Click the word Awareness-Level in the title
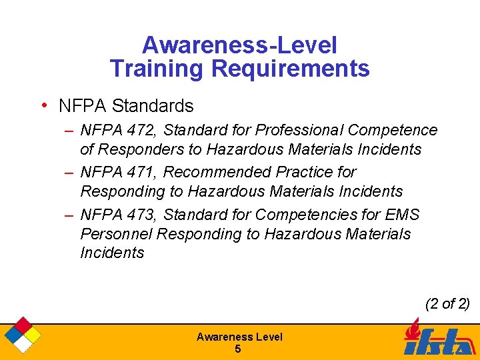(239, 45)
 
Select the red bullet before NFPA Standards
(43, 105)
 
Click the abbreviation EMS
(403, 215)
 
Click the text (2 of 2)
(447, 304)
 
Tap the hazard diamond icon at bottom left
(21, 335)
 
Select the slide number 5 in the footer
(239, 349)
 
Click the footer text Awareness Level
(239, 337)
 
